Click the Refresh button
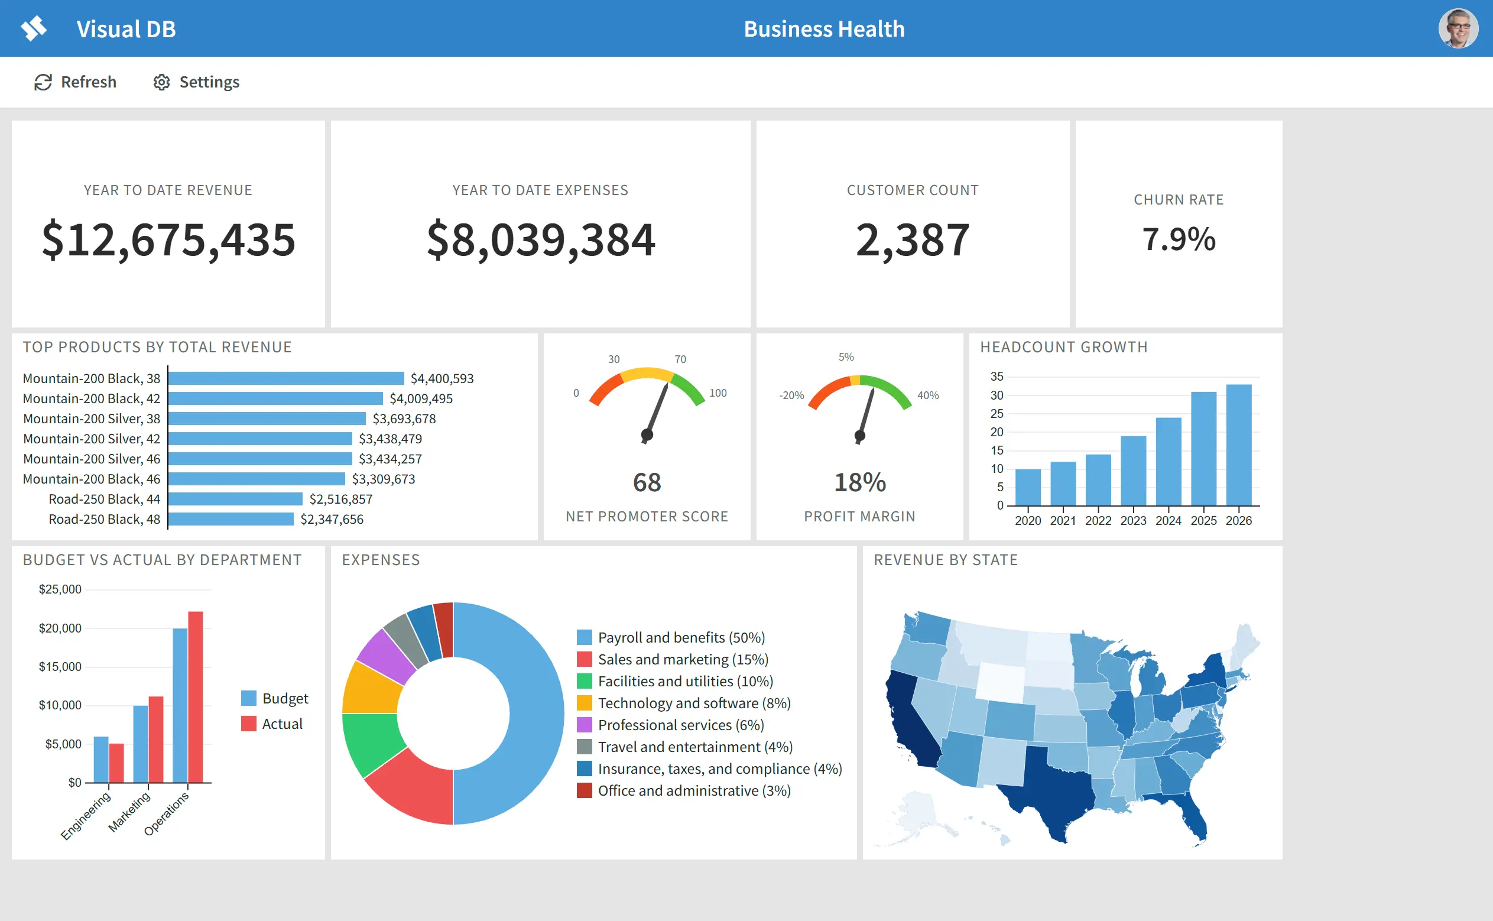(76, 82)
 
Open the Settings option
(196, 82)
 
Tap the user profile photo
(1458, 28)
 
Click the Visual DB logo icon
(34, 28)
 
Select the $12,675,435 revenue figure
(168, 239)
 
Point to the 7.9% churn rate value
(1179, 239)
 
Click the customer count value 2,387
(912, 239)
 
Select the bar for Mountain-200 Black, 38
(286, 378)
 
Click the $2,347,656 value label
(332, 519)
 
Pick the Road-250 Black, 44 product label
(104, 499)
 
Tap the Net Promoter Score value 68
(647, 482)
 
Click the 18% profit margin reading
(860, 482)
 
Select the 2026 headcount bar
(1238, 445)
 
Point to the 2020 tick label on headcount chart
(1028, 521)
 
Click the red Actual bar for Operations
(196, 697)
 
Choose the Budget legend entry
(275, 698)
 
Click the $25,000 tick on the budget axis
(60, 589)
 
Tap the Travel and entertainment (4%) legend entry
(684, 747)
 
